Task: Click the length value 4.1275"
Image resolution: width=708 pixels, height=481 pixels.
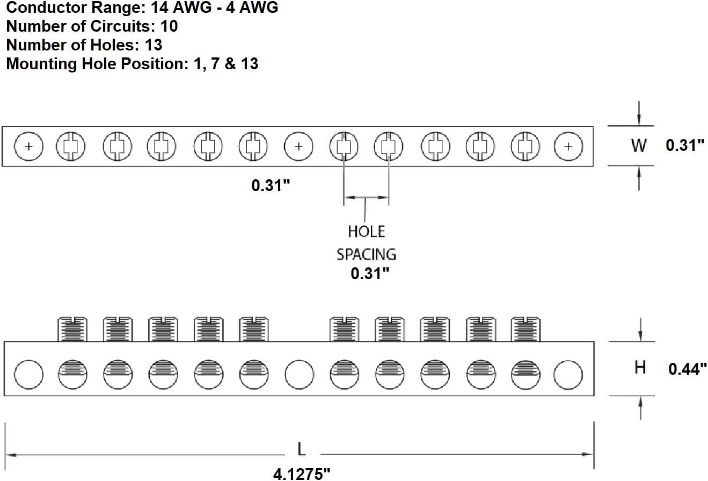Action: [302, 474]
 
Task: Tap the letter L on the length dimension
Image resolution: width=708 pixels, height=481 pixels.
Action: [302, 449]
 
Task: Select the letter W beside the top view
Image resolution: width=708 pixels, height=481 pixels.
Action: [639, 145]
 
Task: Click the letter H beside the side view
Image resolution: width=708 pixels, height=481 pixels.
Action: [640, 368]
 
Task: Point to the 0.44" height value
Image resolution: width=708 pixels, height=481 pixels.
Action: [688, 369]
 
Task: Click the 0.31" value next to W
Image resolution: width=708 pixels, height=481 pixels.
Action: [685, 145]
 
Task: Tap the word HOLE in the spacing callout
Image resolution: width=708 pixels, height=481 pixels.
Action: [366, 232]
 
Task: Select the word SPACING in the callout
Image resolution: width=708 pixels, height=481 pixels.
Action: [366, 254]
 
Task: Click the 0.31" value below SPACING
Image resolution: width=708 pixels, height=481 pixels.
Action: [370, 273]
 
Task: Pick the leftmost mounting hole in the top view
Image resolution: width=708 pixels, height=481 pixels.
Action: [29, 147]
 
